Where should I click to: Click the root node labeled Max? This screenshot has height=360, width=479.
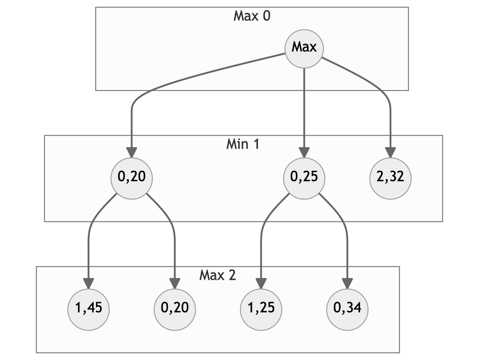[304, 48]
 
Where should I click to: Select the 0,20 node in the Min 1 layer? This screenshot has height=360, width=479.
[131, 178]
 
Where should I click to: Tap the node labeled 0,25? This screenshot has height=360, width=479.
[304, 178]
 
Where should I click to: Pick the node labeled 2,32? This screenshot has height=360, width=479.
[391, 178]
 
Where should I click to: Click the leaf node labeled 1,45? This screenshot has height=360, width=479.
[88, 310]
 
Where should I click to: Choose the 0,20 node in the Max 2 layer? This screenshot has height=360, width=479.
[175, 310]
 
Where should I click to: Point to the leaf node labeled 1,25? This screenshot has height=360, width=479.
[261, 310]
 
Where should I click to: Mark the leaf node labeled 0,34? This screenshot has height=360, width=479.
[347, 310]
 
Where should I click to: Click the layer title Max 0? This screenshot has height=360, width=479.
[252, 16]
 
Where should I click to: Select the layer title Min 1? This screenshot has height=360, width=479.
[243, 144]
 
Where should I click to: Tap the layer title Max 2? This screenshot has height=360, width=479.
[218, 275]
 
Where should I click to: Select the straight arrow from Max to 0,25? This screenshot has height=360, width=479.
[304, 113]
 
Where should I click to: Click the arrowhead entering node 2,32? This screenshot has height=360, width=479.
[391, 153]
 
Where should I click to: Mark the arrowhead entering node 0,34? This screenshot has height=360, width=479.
[347, 284]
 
